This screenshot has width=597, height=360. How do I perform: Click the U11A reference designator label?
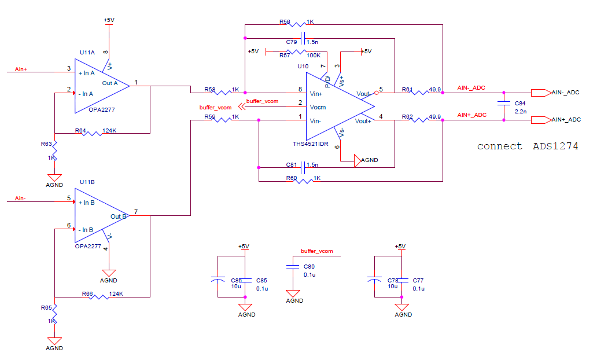pyautogui.click(x=87, y=52)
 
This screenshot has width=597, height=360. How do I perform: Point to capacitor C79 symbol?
pyautogui.click(x=304, y=39)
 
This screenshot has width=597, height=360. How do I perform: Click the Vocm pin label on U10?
pyautogui.click(x=318, y=107)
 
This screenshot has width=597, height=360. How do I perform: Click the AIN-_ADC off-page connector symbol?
pyautogui.click(x=540, y=93)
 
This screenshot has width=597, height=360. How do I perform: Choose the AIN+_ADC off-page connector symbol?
pyautogui.click(x=540, y=120)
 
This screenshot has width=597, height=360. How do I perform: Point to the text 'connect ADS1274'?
pyautogui.click(x=527, y=146)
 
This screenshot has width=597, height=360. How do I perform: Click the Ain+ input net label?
pyautogui.click(x=21, y=69)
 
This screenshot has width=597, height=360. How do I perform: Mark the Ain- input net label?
pyautogui.click(x=20, y=199)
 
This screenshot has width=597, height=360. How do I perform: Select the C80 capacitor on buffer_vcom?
pyautogui.click(x=294, y=267)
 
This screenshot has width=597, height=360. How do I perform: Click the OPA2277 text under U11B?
pyautogui.click(x=88, y=247)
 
